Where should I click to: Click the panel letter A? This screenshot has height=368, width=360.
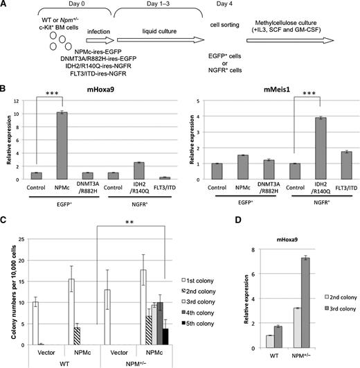[5, 6]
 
